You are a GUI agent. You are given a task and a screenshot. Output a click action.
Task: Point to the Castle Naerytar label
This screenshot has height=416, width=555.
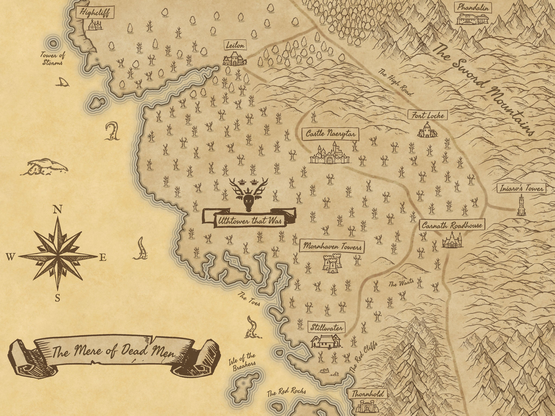330,134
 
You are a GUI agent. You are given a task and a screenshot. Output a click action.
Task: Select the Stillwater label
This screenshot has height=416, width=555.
326,327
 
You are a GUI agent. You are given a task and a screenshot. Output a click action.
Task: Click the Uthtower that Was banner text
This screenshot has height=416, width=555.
249,221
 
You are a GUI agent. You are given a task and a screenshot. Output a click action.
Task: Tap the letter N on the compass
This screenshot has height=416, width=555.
57,209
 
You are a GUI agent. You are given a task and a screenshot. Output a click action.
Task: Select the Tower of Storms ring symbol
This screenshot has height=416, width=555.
53,44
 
